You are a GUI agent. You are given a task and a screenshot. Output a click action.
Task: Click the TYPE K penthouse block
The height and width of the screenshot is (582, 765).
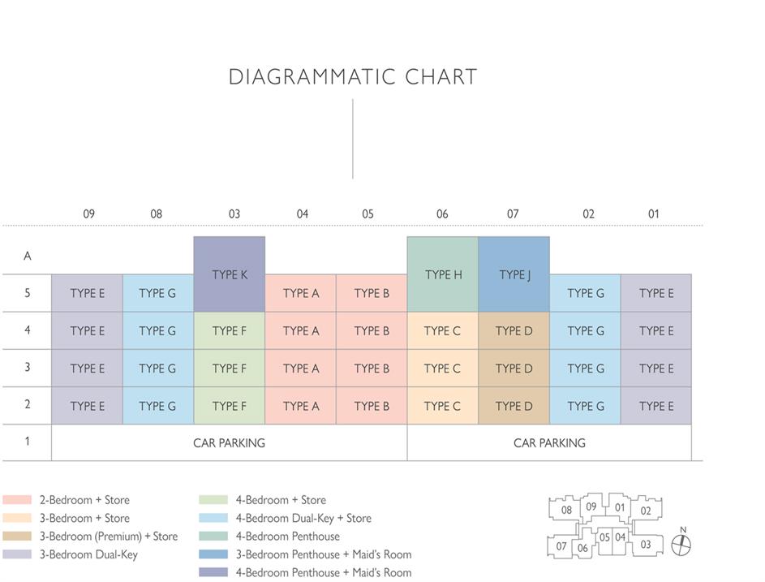230,274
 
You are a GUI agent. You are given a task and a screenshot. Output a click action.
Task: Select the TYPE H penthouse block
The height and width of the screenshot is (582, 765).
443,274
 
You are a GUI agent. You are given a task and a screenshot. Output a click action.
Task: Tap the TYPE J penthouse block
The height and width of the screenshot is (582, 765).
514,274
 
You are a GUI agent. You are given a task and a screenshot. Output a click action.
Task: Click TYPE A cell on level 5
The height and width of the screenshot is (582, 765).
301,293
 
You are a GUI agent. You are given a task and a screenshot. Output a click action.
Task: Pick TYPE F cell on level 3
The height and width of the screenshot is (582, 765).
230,369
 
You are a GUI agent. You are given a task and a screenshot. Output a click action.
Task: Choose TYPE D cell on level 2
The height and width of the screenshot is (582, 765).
514,406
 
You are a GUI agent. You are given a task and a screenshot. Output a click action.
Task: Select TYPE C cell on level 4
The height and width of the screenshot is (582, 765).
443,330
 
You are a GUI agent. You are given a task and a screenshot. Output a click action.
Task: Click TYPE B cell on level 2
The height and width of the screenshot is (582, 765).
372,406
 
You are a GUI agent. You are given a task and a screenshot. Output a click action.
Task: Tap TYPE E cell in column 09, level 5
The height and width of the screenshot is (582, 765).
87,293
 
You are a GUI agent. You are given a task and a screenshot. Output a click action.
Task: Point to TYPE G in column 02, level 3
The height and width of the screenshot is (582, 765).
586,369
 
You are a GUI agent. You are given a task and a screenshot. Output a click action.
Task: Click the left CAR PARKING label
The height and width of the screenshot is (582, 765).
229,443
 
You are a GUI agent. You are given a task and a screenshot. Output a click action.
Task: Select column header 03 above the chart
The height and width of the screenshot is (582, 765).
234,214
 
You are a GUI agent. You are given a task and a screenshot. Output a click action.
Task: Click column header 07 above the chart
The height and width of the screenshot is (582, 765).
513,214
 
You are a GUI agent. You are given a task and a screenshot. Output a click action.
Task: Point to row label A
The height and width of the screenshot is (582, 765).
28,256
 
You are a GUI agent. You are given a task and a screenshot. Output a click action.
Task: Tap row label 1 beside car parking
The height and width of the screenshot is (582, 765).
28,442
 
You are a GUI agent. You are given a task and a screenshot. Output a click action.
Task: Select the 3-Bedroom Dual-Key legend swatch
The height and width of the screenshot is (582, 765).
17,554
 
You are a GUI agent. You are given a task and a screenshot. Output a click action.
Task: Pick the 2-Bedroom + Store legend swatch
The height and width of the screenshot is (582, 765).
17,500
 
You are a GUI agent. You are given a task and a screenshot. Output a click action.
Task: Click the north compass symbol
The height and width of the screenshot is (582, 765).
683,544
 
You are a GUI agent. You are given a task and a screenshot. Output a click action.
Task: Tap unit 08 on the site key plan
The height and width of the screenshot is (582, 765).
566,511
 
